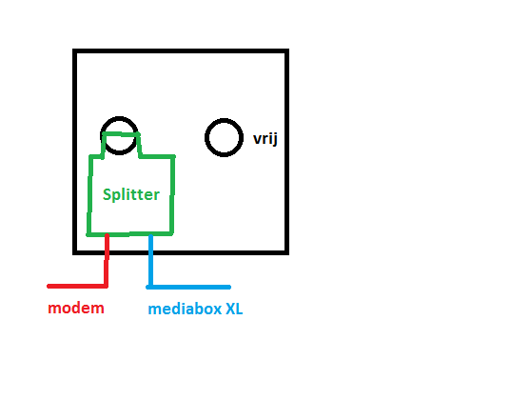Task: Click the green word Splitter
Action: pyautogui.click(x=131, y=194)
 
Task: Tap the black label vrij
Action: pyautogui.click(x=265, y=139)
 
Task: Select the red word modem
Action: pyautogui.click(x=76, y=308)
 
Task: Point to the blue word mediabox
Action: pyautogui.click(x=185, y=309)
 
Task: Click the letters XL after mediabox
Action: pyautogui.click(x=234, y=309)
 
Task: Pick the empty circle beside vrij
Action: pyautogui.click(x=206, y=138)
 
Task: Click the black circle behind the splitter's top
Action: pyautogui.click(x=119, y=117)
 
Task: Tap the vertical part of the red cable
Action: pyautogui.click(x=107, y=260)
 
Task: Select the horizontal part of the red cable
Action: pyautogui.click(x=77, y=286)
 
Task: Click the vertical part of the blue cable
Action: pyautogui.click(x=150, y=261)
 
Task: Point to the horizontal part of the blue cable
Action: pyautogui.click(x=188, y=288)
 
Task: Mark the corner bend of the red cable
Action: pyautogui.click(x=106, y=286)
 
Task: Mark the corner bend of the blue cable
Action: pyautogui.click(x=150, y=287)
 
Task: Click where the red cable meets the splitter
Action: pyautogui.click(x=107, y=234)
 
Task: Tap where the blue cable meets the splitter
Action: pyautogui.click(x=150, y=234)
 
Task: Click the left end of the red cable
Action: pyautogui.click(x=49, y=286)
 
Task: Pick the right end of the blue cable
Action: pyautogui.click(x=230, y=288)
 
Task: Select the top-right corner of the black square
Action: pyautogui.click(x=287, y=50)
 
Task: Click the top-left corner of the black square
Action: pyautogui.click(x=74, y=50)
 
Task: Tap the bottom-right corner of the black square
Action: pyautogui.click(x=287, y=252)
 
